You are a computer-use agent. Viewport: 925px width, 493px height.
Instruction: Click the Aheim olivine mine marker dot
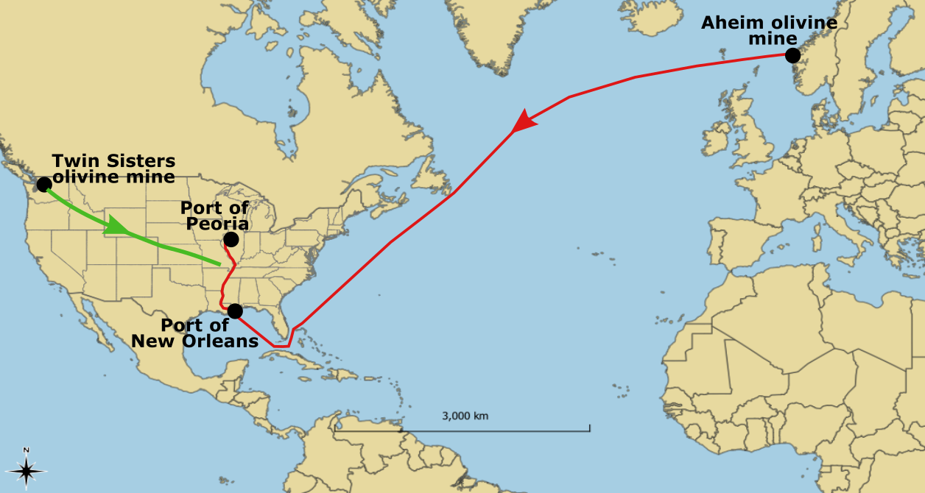(x=792, y=55)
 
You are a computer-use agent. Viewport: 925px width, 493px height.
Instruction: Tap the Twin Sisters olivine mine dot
(x=44, y=183)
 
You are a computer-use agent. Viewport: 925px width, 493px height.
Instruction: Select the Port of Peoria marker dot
(x=231, y=239)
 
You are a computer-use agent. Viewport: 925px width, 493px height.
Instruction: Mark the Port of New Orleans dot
(x=235, y=311)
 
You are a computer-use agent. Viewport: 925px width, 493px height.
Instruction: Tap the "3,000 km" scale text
(x=465, y=416)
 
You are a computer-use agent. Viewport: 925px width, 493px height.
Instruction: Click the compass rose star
(x=27, y=470)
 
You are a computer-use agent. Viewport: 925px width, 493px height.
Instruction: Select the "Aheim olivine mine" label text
(x=769, y=30)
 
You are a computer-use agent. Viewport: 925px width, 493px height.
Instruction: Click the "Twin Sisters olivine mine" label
(x=113, y=169)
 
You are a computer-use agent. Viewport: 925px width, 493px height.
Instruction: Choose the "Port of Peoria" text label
(x=214, y=216)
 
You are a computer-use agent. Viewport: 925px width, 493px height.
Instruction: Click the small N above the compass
(x=27, y=450)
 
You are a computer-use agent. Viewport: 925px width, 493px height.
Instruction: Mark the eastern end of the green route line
(x=219, y=263)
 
